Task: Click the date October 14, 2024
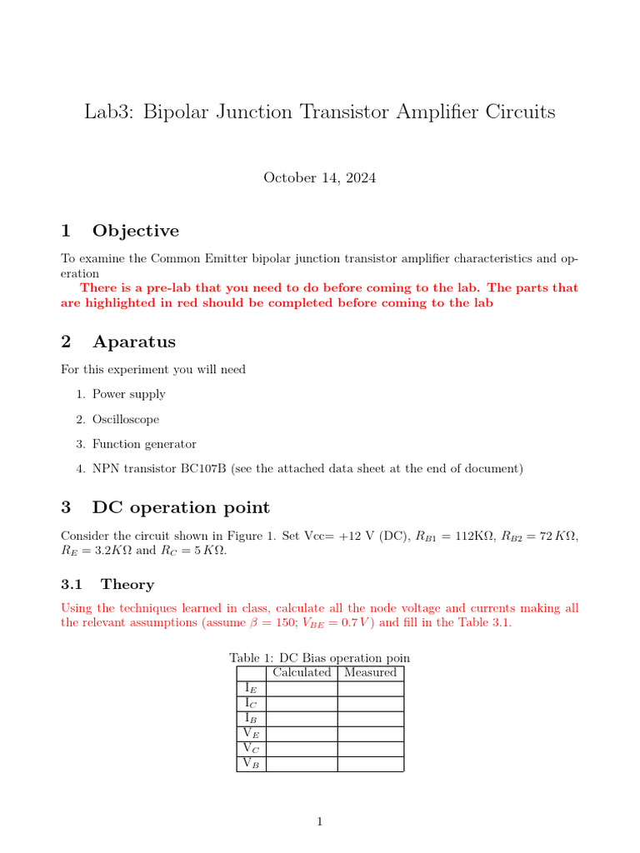coord(320,177)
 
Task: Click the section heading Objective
coord(135,231)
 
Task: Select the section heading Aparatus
coord(133,342)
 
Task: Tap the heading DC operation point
coord(181,507)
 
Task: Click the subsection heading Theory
coord(127,585)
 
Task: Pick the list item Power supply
coord(128,394)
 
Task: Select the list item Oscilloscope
coord(125,419)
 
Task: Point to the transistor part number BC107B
coord(204,469)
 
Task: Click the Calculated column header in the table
coord(302,673)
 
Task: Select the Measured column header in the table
coord(370,673)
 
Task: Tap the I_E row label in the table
coord(251,688)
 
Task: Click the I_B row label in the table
coord(251,718)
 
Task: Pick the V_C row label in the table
coord(251,748)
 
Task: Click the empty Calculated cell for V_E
coord(302,733)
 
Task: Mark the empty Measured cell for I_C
coord(370,703)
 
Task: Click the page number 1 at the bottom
coord(319,822)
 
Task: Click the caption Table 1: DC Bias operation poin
coord(320,657)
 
